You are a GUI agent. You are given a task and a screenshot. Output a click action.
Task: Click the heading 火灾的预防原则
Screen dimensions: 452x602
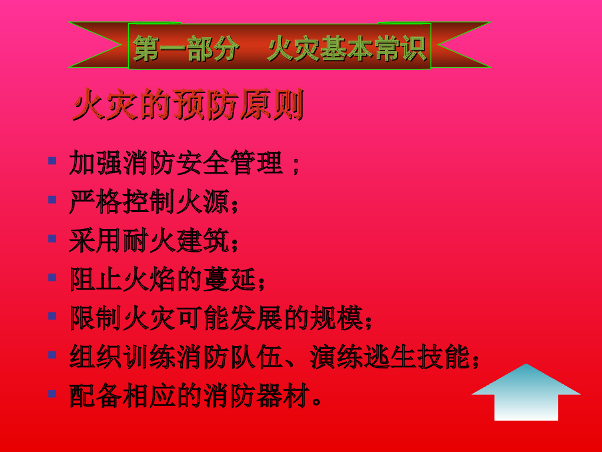(188, 107)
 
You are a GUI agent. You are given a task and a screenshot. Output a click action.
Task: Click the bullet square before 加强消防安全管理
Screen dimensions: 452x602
(52, 161)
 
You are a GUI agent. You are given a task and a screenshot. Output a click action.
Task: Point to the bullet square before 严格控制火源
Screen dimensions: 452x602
(52, 200)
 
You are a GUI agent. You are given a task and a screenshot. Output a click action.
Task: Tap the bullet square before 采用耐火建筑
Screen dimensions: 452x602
(52, 238)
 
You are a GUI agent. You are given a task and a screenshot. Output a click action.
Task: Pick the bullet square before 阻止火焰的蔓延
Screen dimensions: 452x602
(52, 277)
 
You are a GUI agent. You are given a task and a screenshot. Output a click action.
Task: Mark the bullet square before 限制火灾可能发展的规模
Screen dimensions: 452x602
(52, 316)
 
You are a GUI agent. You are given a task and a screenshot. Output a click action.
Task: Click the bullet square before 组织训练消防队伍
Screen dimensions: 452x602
(52, 355)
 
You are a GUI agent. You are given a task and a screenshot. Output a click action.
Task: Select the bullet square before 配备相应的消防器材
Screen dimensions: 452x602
(52, 394)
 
